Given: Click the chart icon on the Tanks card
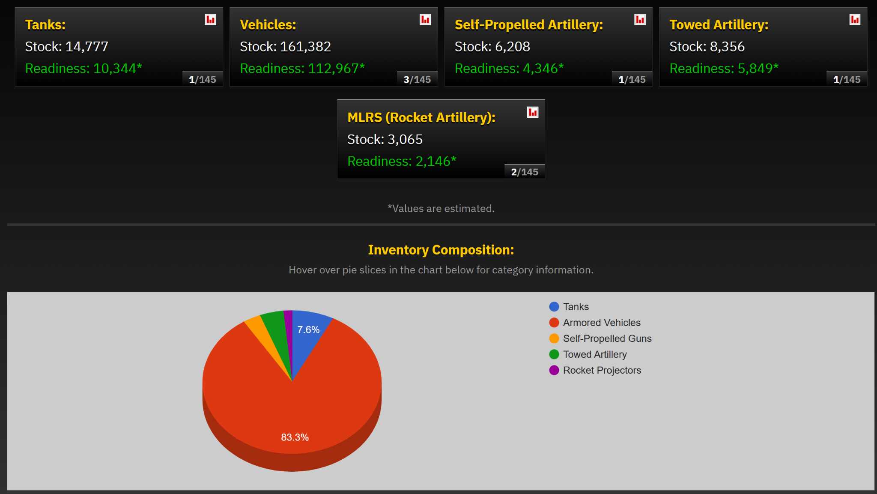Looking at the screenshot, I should pos(210,20).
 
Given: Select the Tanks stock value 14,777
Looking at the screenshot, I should pos(87,47).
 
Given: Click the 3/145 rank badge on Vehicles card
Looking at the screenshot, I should pos(417,79).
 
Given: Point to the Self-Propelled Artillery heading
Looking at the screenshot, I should pos(528,25).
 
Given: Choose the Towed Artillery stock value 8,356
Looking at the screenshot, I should pos(727,47).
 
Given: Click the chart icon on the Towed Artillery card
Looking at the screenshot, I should pos(855,20).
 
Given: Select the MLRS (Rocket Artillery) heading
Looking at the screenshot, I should pos(421,117).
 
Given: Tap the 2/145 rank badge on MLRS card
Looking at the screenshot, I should pos(525,172).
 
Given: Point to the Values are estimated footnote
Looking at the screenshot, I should pos(441,209).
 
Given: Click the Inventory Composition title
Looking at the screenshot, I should pos(441,250).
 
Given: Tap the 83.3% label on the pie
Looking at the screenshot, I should pos(295,437).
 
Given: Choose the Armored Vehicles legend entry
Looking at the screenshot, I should pos(602,323).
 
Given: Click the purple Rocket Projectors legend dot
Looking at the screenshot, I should pos(554,370).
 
